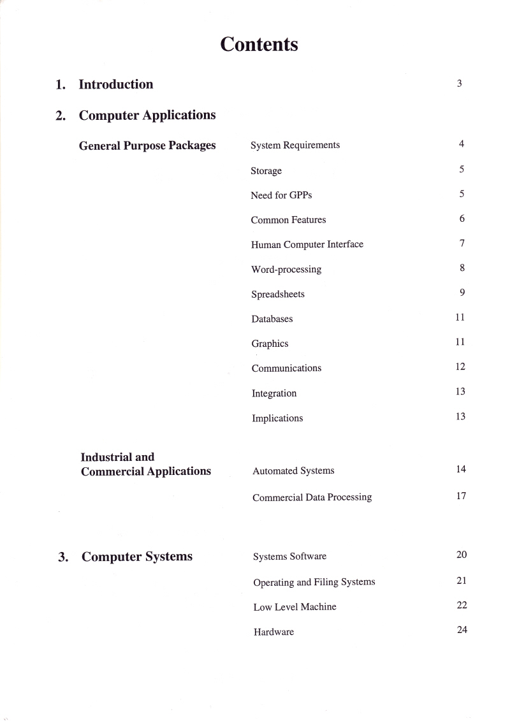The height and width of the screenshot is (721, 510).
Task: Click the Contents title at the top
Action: tap(259, 44)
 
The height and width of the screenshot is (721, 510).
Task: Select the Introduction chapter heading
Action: tap(115, 84)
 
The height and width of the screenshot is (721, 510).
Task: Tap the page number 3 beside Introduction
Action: tap(459, 83)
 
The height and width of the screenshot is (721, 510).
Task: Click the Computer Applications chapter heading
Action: tap(147, 115)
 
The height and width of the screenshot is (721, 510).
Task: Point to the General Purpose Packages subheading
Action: tap(147, 145)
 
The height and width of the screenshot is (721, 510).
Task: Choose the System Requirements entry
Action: tap(295, 145)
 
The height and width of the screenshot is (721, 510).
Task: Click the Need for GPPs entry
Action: tap(281, 195)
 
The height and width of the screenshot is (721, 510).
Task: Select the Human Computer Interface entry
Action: tap(307, 245)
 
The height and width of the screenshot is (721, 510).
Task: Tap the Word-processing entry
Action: tap(286, 270)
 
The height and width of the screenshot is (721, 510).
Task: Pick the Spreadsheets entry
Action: tap(278, 295)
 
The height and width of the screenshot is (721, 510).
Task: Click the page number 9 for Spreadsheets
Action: tap(462, 293)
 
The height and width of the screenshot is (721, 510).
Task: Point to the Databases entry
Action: tap(272, 319)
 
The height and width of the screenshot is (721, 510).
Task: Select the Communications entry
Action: tap(286, 368)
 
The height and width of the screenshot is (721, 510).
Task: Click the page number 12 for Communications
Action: tap(461, 367)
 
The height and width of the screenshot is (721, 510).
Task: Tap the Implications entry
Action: tap(277, 418)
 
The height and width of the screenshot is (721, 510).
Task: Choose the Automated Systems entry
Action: tap(293, 471)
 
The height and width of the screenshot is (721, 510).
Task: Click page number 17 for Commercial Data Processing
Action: tap(461, 495)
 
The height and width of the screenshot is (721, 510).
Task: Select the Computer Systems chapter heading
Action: tap(136, 557)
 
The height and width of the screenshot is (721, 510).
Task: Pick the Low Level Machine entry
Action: tap(295, 607)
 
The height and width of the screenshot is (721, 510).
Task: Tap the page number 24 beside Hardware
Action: tap(462, 630)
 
